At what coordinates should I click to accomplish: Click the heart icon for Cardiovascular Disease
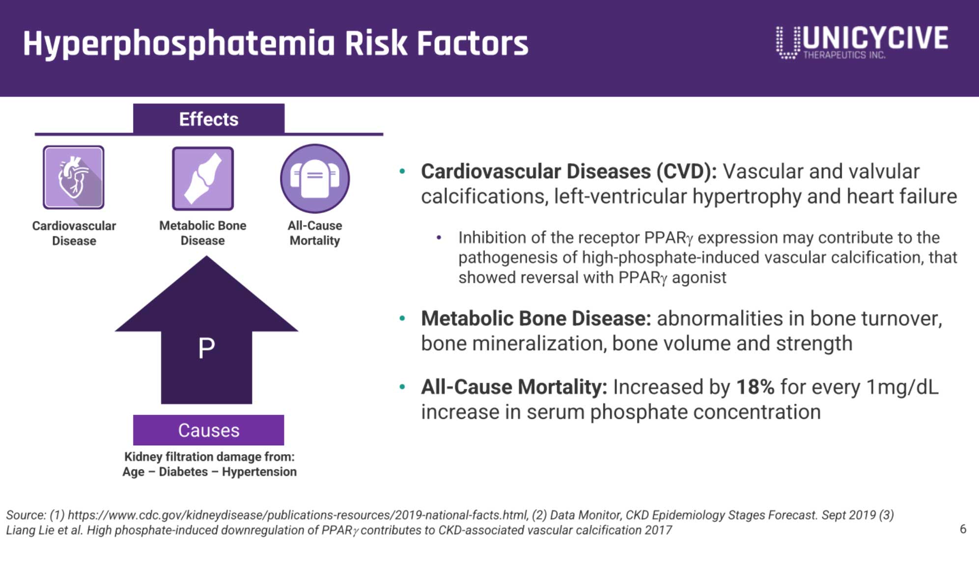(74, 177)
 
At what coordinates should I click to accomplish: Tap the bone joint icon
(203, 178)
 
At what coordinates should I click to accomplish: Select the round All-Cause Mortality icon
(315, 178)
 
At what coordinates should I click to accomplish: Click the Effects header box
(209, 119)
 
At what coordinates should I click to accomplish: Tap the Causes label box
(209, 430)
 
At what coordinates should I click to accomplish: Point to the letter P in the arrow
(206, 348)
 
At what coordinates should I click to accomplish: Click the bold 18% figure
(755, 387)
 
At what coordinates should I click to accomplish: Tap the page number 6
(963, 529)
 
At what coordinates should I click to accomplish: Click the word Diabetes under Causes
(183, 471)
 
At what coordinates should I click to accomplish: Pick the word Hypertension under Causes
(259, 472)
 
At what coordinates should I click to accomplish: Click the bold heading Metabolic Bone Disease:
(536, 318)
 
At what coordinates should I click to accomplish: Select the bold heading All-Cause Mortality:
(514, 387)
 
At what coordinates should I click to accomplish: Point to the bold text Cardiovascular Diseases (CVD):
(569, 171)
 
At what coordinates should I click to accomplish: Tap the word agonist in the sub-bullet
(699, 278)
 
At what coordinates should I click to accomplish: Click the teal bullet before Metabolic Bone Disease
(402, 319)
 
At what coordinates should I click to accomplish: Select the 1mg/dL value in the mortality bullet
(902, 387)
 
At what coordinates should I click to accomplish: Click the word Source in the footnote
(26, 515)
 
